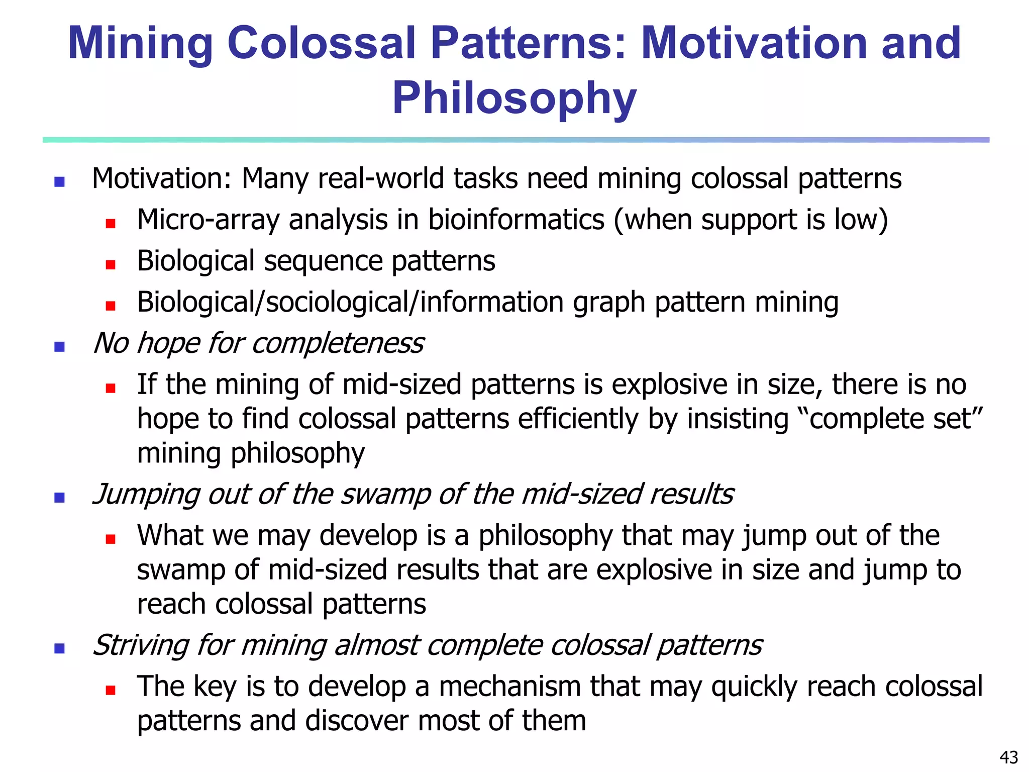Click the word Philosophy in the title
[514, 99]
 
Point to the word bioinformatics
[516, 220]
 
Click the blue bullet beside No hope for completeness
[59, 346]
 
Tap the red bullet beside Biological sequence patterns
[111, 264]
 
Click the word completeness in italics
[338, 344]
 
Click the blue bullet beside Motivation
[59, 182]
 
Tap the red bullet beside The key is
[111, 690]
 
